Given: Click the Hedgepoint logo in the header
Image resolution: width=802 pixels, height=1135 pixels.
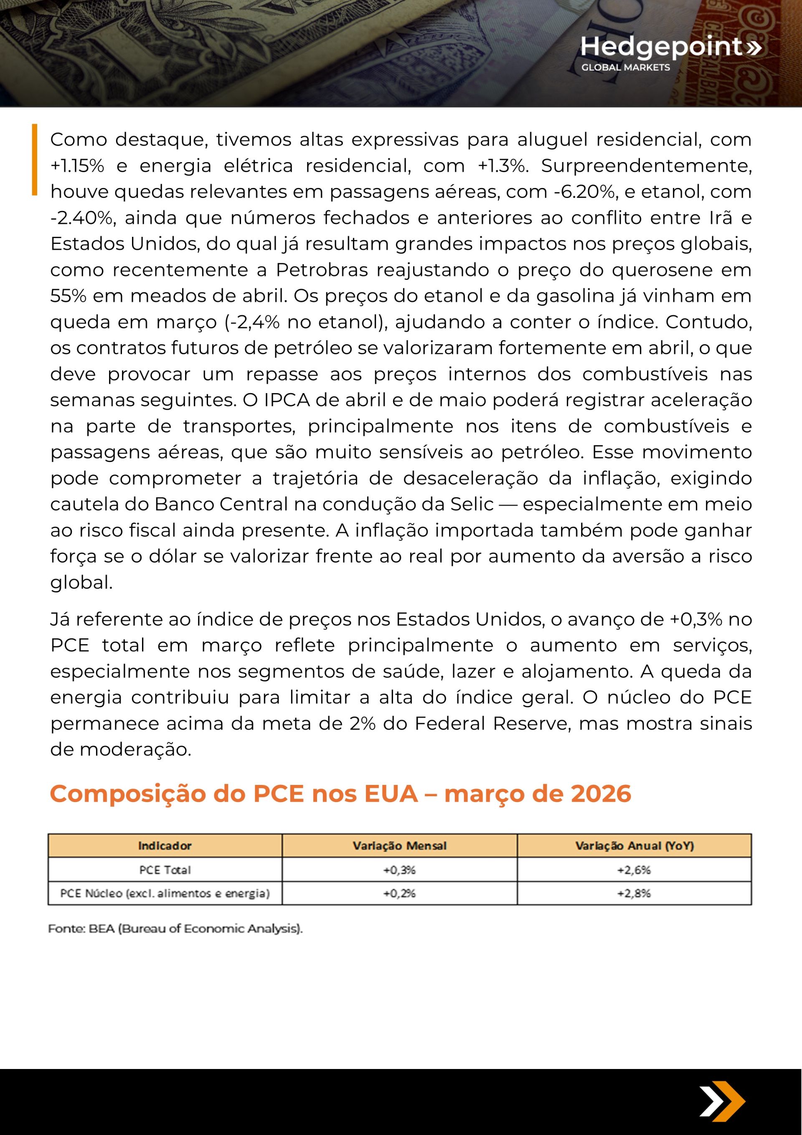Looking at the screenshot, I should pos(670,47).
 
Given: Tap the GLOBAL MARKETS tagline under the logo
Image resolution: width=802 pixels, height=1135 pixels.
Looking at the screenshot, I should pos(625,68).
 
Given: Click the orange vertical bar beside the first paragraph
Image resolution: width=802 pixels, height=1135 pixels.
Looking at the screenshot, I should pos(35,159).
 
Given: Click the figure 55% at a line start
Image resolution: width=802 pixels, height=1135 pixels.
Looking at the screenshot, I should pos(68,296).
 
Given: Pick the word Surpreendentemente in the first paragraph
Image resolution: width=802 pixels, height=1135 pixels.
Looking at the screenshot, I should pos(646,166).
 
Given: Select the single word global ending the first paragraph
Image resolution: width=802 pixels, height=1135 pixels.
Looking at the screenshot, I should pos(81,583).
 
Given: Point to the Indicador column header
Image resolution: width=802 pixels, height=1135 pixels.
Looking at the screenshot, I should pos(165,846).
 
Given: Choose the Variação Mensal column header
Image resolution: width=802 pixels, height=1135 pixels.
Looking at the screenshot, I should pos(399,846).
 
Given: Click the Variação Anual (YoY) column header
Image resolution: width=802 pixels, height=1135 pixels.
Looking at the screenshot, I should pos(634,846).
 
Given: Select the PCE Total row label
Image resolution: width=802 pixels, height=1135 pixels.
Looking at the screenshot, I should pos(165,870).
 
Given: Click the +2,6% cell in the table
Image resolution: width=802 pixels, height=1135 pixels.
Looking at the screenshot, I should pos(634,870).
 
